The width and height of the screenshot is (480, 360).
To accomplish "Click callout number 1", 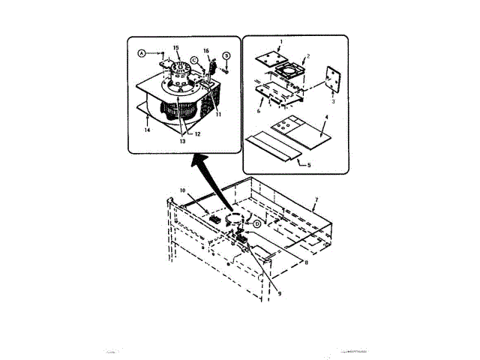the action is click(x=281, y=43).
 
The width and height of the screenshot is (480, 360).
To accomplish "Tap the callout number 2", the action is click(x=307, y=57).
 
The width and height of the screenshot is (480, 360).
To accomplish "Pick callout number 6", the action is click(x=259, y=110).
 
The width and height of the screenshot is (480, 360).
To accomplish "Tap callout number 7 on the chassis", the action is click(x=316, y=200).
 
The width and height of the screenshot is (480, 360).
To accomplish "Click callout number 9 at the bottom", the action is click(x=279, y=294).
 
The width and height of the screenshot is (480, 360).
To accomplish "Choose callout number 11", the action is click(x=218, y=114).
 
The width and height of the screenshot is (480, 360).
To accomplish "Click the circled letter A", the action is click(x=141, y=53).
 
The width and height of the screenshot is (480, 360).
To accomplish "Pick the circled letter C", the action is click(x=193, y=58).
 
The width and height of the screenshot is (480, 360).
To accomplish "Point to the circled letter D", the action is click(x=256, y=223).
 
